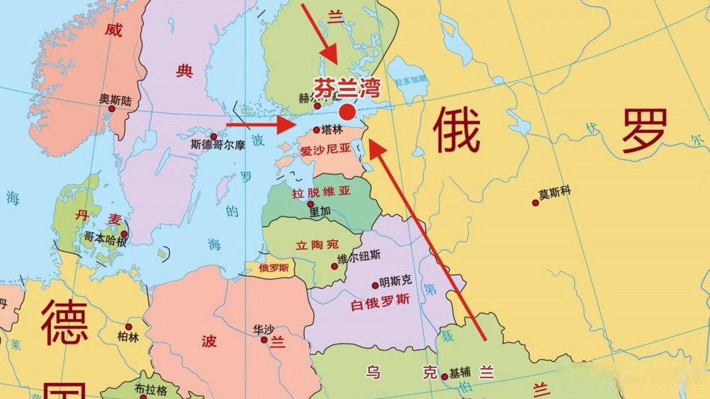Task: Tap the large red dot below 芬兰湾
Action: point(347,112)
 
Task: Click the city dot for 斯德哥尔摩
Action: point(214,137)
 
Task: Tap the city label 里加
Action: point(319,211)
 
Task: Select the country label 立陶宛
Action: point(317,245)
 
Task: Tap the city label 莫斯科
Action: point(555,194)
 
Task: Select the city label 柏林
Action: point(127,336)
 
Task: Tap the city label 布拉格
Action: point(151,389)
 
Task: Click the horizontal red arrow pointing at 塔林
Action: point(260,124)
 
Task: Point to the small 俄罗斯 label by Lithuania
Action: point(274,268)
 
